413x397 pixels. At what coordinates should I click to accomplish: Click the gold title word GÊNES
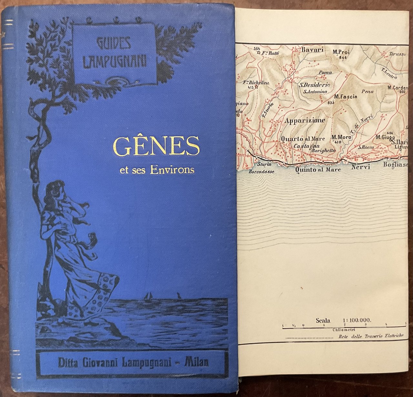tap(156, 146)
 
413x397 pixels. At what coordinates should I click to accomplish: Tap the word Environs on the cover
tap(172, 170)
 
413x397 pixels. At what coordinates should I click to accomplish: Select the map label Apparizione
tap(305, 120)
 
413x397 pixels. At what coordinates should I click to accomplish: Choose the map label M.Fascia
tap(346, 96)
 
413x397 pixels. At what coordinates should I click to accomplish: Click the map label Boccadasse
tap(261, 172)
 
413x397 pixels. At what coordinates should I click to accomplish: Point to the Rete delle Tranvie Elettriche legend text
tap(371, 336)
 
